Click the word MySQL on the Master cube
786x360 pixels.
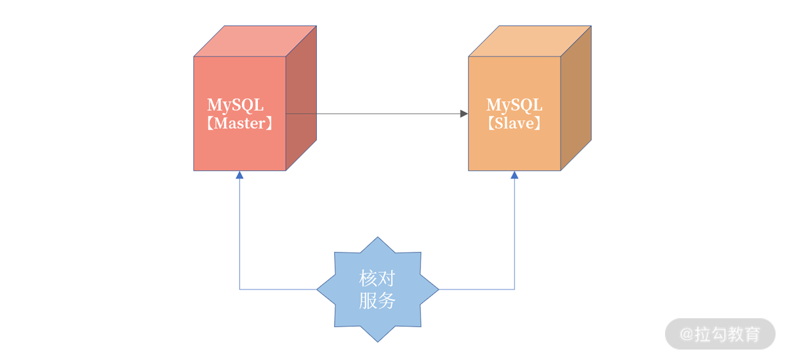click(x=235, y=105)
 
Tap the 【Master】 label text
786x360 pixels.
click(x=239, y=123)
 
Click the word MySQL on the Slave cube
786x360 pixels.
click(x=514, y=105)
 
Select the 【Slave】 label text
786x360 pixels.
click(x=514, y=123)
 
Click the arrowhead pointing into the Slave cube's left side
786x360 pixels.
click(x=464, y=114)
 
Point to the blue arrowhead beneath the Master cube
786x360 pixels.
click(x=239, y=175)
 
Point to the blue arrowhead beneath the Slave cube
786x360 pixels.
click(x=515, y=175)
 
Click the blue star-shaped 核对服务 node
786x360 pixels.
click(x=377, y=289)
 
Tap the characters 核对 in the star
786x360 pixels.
click(x=377, y=278)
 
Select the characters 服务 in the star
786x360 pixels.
click(x=377, y=300)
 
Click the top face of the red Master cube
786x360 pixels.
click(x=255, y=41)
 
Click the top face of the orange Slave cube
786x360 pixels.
click(x=530, y=41)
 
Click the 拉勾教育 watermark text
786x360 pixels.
click(x=728, y=334)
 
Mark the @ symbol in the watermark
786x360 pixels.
click(x=687, y=334)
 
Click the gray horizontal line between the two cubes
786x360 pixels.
click(x=375, y=114)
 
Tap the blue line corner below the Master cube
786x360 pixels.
click(x=239, y=289)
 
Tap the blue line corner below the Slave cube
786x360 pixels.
click(x=515, y=289)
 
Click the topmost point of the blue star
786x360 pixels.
click(x=378, y=238)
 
